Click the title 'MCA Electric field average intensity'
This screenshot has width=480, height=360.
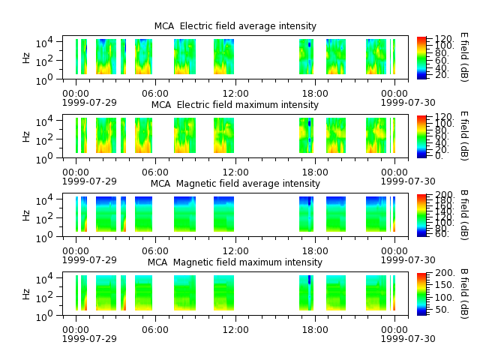[235, 26]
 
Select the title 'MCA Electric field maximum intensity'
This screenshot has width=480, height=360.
[235, 105]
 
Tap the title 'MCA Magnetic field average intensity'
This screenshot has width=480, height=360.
[235, 184]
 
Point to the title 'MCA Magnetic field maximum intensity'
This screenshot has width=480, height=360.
[235, 262]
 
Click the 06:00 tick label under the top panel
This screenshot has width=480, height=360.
[155, 94]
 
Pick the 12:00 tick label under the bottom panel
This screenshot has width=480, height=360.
[235, 330]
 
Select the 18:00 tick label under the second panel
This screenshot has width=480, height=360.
[315, 172]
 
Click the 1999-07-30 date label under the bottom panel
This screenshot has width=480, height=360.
[408, 338]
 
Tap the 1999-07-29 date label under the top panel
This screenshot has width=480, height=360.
[89, 102]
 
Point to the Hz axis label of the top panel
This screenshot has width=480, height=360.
[26, 58]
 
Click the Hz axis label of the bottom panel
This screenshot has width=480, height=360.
[26, 294]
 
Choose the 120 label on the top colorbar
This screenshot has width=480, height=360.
[443, 39]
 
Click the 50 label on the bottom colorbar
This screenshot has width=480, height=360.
[442, 310]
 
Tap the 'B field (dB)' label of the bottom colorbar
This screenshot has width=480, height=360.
[464, 293]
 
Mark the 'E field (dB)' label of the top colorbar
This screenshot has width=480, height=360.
[464, 57]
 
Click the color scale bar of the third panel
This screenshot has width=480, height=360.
[421, 215]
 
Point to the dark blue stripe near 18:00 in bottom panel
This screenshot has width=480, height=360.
[309, 280]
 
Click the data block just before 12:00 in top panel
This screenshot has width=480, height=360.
[223, 57]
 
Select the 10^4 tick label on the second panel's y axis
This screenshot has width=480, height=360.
[44, 121]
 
